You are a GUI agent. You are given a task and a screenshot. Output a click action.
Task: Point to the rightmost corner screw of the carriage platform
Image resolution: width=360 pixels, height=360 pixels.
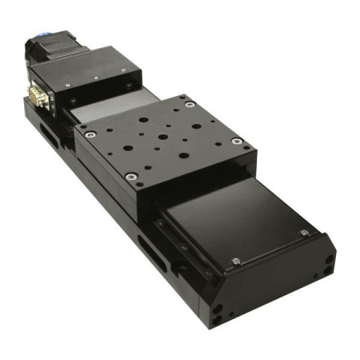pos(236,141)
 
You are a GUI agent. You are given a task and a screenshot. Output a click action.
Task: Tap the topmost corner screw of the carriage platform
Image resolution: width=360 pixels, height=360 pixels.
pos(189,102)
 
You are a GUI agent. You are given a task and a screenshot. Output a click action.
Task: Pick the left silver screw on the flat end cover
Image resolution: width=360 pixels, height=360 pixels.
pos(235,261)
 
